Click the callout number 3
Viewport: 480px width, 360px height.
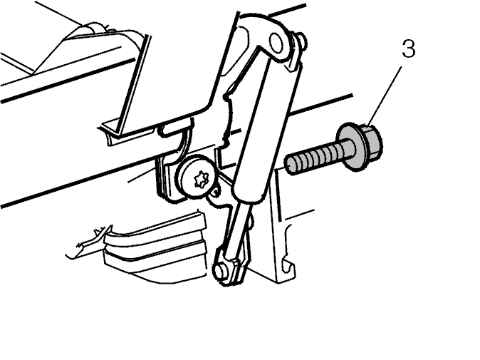(409, 48)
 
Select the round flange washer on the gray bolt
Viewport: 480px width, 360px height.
(350, 147)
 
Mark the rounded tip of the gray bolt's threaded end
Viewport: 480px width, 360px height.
(288, 166)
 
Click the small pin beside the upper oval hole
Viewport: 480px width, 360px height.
(301, 41)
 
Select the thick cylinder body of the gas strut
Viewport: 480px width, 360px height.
(264, 129)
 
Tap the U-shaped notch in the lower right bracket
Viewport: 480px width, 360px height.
(288, 266)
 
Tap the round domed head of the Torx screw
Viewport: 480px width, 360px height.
(197, 177)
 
